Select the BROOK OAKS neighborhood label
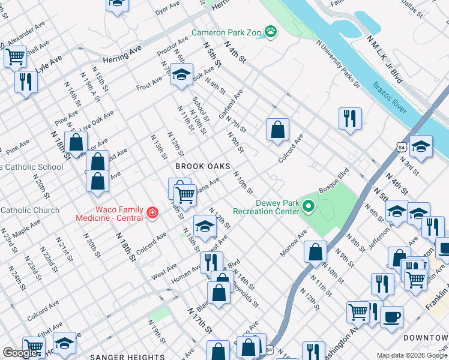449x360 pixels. (203, 166)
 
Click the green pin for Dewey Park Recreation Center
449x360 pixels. (309, 206)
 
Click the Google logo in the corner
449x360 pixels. (20, 353)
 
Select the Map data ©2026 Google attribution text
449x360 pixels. (412, 355)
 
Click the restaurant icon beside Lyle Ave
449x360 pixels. (25, 81)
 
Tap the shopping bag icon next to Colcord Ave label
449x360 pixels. (277, 130)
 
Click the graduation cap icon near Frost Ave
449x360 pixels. (181, 74)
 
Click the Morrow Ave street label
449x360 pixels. (294, 245)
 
